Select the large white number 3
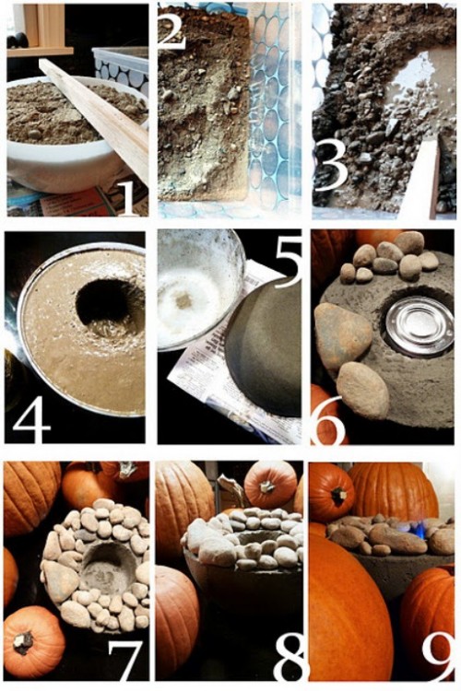pos(331,169)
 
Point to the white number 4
pos(31,419)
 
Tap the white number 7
pos(125,661)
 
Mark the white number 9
pos(438,661)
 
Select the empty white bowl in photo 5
pos(199,288)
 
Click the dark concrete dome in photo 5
pos(264,348)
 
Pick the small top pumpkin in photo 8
pos(270,484)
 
